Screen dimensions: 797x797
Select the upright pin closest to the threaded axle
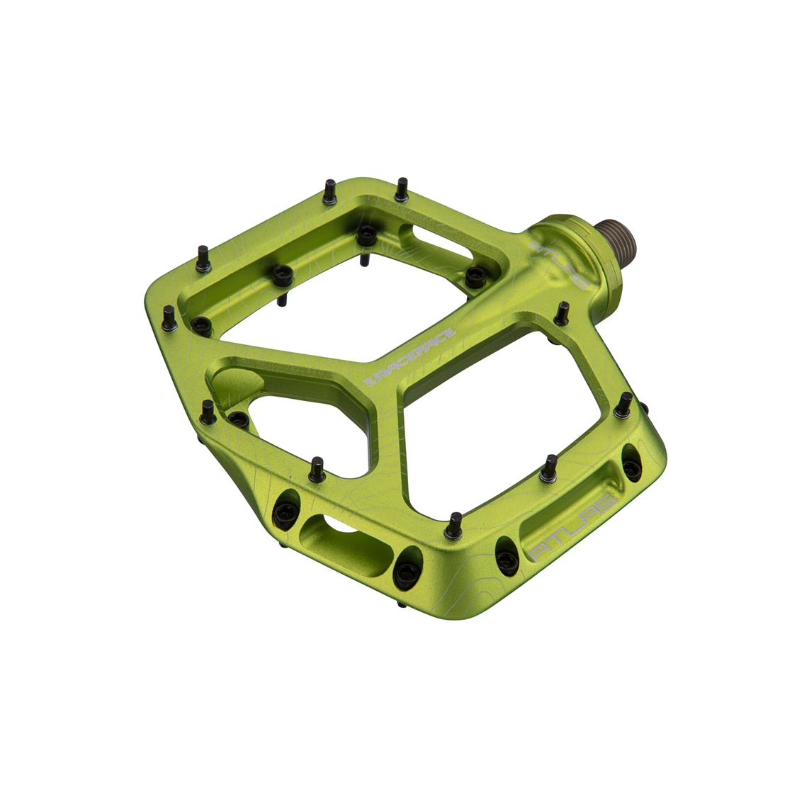(563, 312)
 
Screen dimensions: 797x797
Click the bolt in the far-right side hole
(630, 460)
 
